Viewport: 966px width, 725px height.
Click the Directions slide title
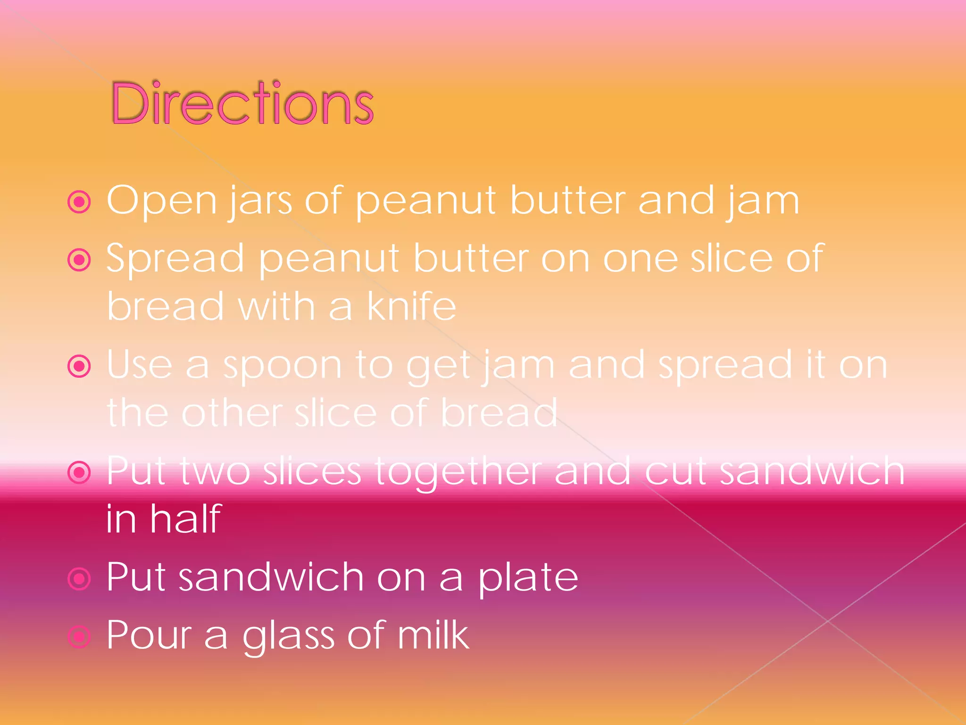(x=242, y=103)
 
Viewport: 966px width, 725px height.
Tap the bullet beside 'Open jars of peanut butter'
(x=79, y=202)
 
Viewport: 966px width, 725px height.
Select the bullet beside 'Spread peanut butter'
(x=79, y=260)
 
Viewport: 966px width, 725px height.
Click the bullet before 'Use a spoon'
(x=79, y=366)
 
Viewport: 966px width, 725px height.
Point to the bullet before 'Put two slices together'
(x=79, y=472)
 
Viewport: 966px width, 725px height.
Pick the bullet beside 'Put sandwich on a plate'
(x=79, y=579)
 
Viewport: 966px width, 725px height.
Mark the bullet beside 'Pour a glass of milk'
(x=79, y=637)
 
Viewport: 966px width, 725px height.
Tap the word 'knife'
(x=411, y=306)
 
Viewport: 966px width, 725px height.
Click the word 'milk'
(x=433, y=635)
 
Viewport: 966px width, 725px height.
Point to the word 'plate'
(x=528, y=578)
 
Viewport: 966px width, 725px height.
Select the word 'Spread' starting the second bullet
(x=175, y=259)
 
